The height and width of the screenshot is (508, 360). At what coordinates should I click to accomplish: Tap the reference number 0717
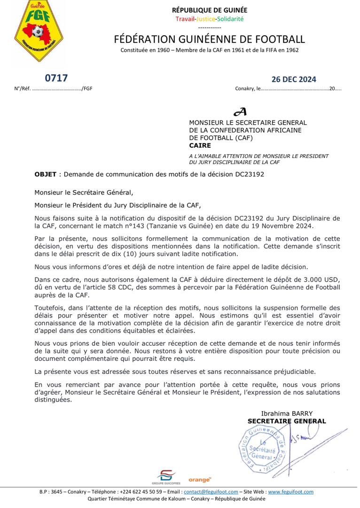coord(56,78)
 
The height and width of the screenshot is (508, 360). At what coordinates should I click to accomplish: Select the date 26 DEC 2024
coord(294,79)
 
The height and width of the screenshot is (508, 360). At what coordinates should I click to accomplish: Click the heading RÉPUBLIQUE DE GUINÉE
coord(209,10)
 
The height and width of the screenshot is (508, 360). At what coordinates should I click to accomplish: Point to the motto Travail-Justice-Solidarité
coord(210,19)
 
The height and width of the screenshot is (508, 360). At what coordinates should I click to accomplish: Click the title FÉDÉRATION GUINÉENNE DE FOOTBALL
coord(209,39)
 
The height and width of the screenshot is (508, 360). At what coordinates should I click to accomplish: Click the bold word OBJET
coord(46,174)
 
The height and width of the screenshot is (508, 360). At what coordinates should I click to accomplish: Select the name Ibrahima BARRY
coord(287,413)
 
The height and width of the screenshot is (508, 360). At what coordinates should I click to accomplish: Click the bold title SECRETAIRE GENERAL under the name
coord(287,421)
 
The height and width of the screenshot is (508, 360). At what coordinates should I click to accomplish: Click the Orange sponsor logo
coord(200,479)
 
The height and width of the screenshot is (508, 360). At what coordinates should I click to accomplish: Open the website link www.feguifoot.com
coord(291,492)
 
